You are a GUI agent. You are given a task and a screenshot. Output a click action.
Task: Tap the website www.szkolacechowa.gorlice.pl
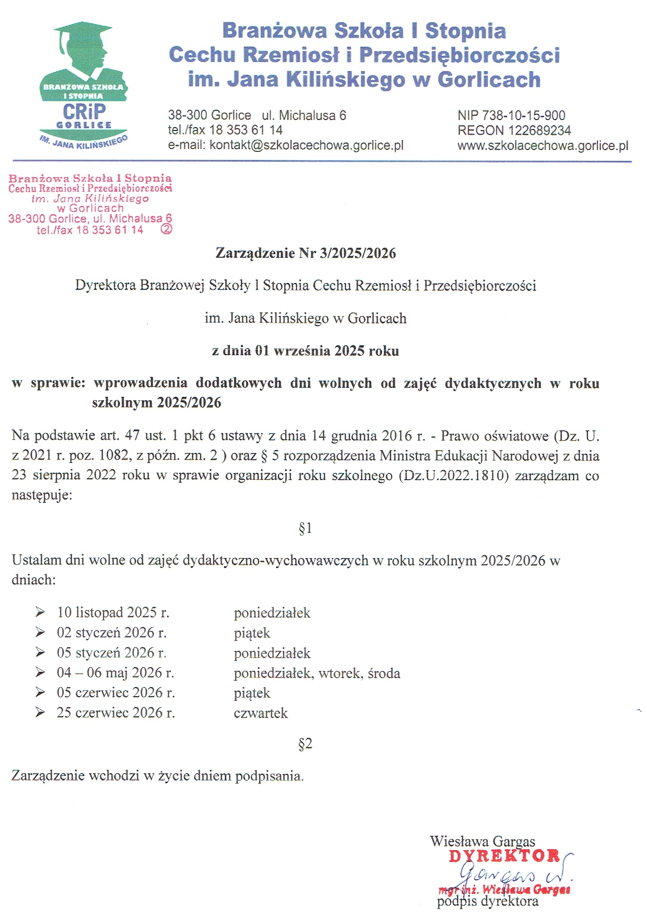(x=543, y=146)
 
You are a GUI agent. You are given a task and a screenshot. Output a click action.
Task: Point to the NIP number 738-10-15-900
(x=511, y=116)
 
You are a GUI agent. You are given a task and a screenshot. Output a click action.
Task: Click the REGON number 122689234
(x=514, y=130)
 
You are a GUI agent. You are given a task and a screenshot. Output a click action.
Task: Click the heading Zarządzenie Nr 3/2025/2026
(x=305, y=253)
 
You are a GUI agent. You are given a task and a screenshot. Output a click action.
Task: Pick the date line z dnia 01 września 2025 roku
(x=305, y=351)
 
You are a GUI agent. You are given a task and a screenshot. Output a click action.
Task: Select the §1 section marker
(x=305, y=528)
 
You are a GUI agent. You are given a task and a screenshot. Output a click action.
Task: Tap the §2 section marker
(x=305, y=743)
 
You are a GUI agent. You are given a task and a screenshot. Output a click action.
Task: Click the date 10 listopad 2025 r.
(x=113, y=612)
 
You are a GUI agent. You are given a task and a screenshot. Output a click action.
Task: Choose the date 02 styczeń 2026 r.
(x=112, y=632)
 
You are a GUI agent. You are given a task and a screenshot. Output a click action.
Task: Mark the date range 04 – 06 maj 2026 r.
(x=115, y=672)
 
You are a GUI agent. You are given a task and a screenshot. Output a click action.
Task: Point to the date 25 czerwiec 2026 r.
(x=116, y=713)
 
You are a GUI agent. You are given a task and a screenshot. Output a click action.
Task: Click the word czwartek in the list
(x=261, y=713)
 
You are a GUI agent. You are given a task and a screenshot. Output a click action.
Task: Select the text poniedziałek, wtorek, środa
(x=317, y=673)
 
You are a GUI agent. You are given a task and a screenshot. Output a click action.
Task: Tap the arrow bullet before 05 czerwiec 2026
(x=40, y=693)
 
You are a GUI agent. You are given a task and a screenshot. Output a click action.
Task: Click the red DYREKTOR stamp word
(x=504, y=856)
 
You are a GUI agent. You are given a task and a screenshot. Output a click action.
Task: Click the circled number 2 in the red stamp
(x=167, y=229)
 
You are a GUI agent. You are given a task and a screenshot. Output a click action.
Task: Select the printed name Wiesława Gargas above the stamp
(x=482, y=841)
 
